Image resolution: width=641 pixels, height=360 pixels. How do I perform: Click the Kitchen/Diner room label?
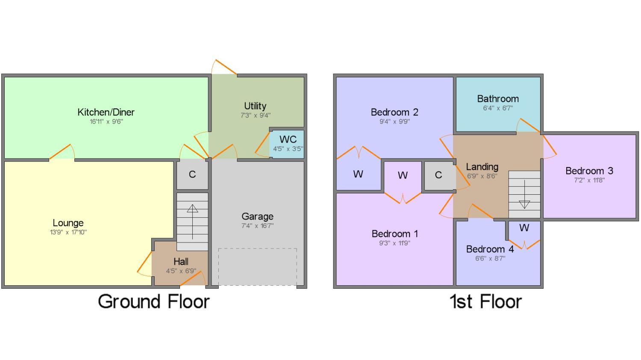coord(106,112)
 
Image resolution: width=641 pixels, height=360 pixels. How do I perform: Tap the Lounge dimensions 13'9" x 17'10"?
coord(68,232)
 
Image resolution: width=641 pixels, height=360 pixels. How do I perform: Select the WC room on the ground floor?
coord(288,143)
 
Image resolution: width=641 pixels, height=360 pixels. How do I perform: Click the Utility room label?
coord(255,106)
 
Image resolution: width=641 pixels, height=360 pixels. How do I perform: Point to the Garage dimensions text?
coord(257,226)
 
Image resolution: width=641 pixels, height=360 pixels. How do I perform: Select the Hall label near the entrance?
coord(181,261)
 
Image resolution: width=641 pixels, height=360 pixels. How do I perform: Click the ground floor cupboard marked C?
coord(192,174)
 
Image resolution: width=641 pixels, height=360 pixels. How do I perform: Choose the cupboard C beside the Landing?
coord(438,175)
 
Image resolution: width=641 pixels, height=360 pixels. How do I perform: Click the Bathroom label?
coord(498,99)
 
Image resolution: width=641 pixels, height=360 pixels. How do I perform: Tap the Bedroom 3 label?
coord(589,171)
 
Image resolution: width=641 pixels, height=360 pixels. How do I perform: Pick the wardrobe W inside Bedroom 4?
coord(524,228)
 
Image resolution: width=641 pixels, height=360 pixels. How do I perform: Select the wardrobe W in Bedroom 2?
coord(358,174)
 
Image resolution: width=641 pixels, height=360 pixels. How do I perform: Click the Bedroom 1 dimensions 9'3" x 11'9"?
coord(394,243)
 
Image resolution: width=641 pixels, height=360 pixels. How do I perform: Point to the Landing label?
coord(482,167)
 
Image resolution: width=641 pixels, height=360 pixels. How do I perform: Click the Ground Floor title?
coord(154,301)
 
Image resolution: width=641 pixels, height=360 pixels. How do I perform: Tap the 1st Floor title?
coord(486,301)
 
